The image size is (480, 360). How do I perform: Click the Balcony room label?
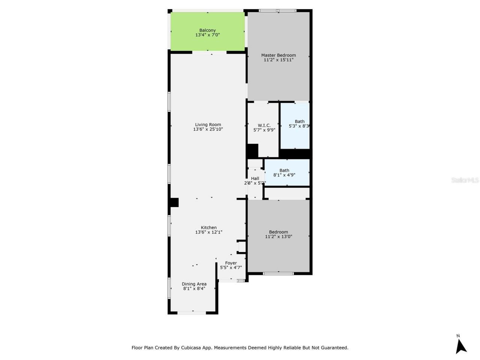pyautogui.click(x=207, y=30)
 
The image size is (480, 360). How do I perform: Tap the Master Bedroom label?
pyautogui.click(x=278, y=55)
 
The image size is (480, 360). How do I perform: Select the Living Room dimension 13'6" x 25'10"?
pyautogui.click(x=208, y=129)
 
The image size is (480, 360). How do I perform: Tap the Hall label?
pyautogui.click(x=255, y=178)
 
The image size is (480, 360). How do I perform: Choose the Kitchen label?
pyautogui.click(x=208, y=228)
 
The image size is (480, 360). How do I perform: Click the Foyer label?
pyautogui.click(x=231, y=263)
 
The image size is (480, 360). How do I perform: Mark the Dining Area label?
pyautogui.click(x=194, y=284)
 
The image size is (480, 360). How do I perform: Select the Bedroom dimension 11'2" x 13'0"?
pyautogui.click(x=278, y=237)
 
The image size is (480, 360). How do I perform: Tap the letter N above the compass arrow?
pyautogui.click(x=458, y=336)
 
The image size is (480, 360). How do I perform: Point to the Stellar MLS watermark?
pyautogui.click(x=465, y=180)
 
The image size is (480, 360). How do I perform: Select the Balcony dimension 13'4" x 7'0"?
pyautogui.click(x=207, y=35)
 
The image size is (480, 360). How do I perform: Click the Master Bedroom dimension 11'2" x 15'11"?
pyautogui.click(x=278, y=60)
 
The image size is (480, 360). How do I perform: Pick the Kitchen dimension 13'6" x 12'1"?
pyautogui.click(x=208, y=232)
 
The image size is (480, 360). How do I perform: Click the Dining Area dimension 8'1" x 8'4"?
pyautogui.click(x=194, y=289)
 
